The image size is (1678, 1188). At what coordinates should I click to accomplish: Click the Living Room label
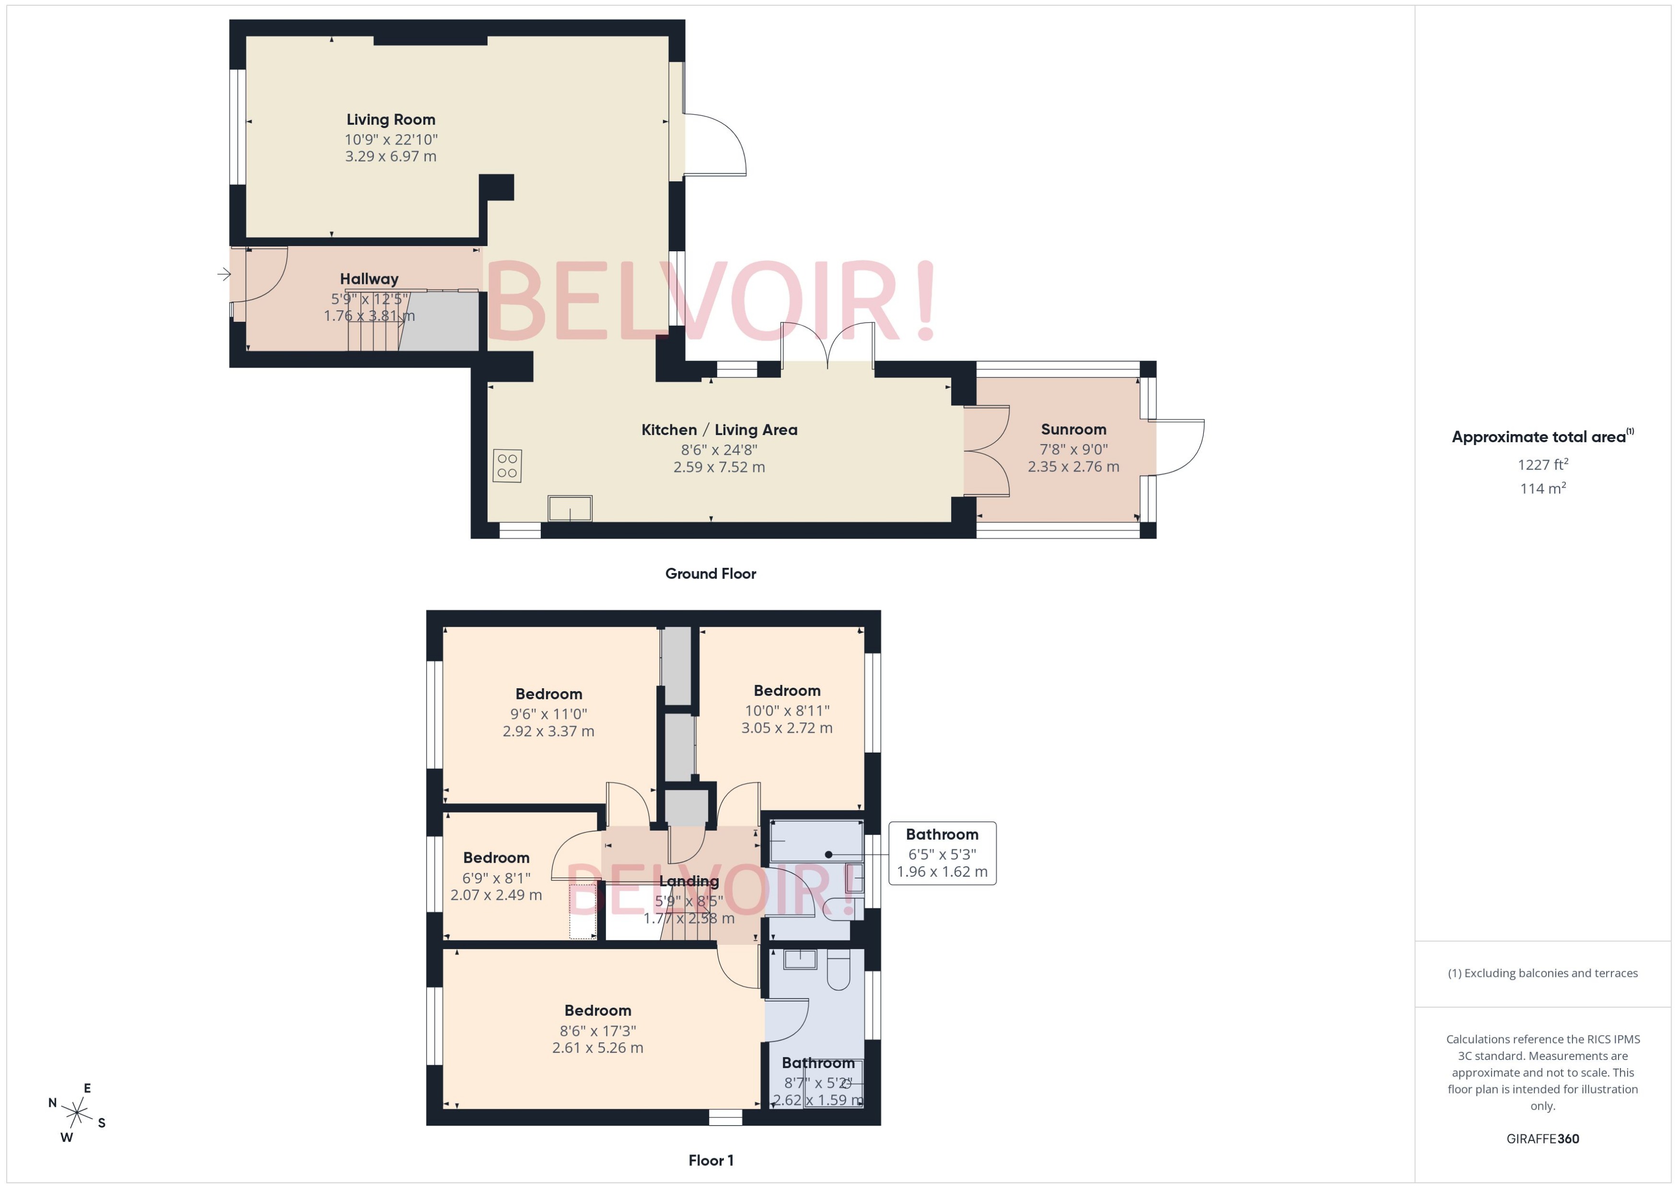390,120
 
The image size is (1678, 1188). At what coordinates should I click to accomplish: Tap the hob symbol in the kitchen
507,465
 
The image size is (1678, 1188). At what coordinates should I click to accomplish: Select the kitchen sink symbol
570,508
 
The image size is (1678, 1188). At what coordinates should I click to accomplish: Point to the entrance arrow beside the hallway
224,274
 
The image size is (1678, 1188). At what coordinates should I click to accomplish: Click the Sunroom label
1072,429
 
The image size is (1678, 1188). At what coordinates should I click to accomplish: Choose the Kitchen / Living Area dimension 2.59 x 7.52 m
719,467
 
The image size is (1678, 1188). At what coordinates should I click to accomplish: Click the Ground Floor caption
710,574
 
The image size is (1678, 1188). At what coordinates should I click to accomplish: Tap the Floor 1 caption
710,1160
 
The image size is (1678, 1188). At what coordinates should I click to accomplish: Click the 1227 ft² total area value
1542,465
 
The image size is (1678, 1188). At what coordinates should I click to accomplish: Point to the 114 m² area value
1542,488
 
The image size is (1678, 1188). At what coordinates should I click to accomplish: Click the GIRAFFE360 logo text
1542,1138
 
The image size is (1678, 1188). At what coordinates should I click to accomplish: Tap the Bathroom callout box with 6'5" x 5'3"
942,853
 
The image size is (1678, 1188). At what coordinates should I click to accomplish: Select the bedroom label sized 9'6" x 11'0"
548,694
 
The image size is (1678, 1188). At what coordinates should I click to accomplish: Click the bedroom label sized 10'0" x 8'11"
787,691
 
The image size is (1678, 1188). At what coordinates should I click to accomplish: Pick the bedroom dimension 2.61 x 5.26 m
597,1047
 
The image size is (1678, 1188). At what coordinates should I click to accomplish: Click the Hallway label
369,279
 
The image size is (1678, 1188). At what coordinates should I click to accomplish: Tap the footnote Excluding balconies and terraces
1542,973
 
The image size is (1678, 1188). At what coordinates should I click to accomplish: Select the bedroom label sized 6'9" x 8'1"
496,858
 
